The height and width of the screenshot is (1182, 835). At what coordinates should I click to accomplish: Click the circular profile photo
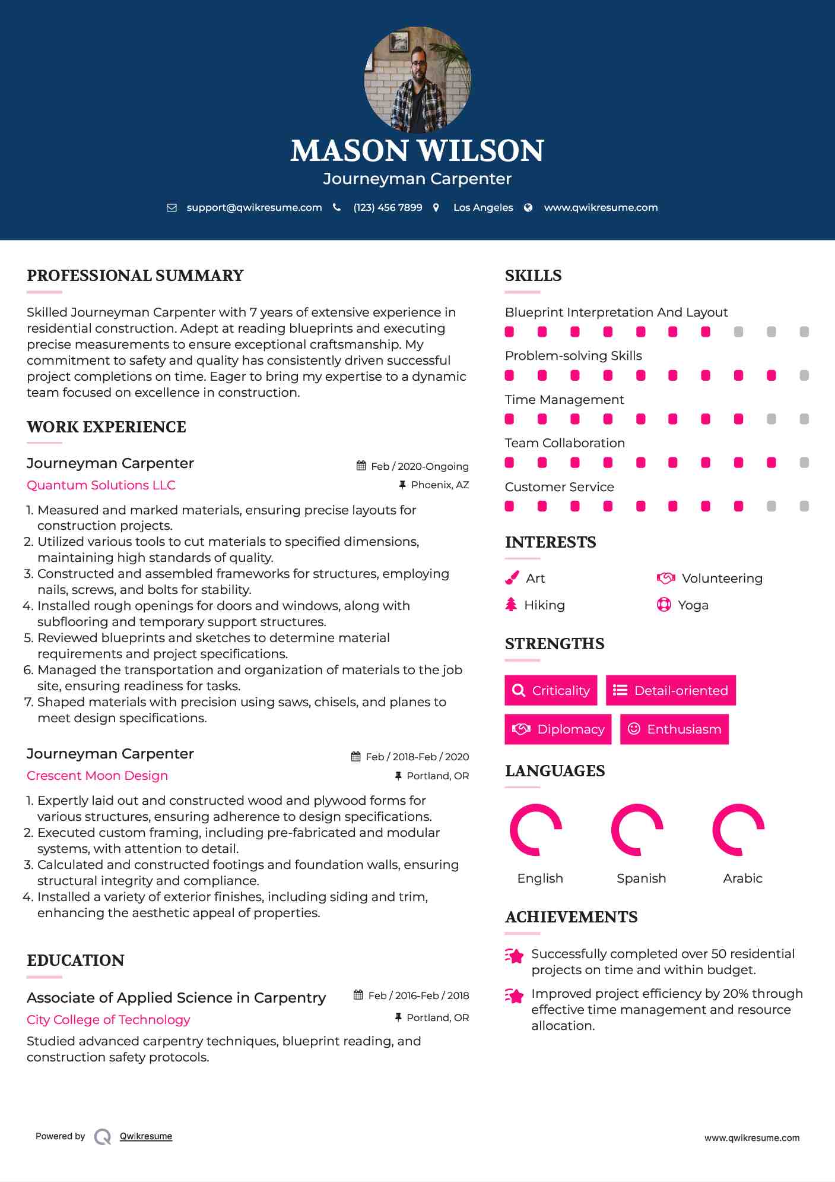pos(417,79)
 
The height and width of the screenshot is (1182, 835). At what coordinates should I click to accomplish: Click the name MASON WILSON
pos(417,151)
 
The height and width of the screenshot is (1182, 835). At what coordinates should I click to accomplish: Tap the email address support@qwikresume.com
pos(254,207)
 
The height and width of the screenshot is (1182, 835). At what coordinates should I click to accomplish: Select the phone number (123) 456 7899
pos(388,207)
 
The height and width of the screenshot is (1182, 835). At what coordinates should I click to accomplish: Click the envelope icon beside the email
pos(172,208)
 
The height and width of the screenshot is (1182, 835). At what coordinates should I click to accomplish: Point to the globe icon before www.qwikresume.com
pos(528,208)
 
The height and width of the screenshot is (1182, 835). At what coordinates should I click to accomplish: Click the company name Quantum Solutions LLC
pos(101,485)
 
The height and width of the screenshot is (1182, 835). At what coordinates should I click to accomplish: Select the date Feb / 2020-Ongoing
pos(420,466)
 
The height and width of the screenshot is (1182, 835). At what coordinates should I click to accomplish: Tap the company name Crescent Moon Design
pos(97,776)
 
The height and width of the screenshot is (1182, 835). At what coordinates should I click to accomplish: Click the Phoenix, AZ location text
pos(440,485)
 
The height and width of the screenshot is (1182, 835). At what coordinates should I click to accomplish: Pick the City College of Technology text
pos(109,1020)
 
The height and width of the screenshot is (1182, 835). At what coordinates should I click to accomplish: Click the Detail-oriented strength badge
pos(671,690)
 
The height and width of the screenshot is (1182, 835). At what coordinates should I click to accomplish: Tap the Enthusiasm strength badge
pos(674,729)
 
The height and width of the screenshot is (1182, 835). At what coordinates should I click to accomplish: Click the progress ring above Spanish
pos(637,830)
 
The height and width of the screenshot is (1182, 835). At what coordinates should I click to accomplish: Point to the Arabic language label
pos(742,878)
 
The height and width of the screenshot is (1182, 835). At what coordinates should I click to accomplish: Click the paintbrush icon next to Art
pos(512,578)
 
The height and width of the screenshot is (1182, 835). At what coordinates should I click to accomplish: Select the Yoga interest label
pos(693,605)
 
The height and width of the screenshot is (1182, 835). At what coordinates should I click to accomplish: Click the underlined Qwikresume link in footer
pos(146,1136)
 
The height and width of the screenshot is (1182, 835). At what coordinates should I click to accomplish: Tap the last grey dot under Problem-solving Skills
pos(804,375)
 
